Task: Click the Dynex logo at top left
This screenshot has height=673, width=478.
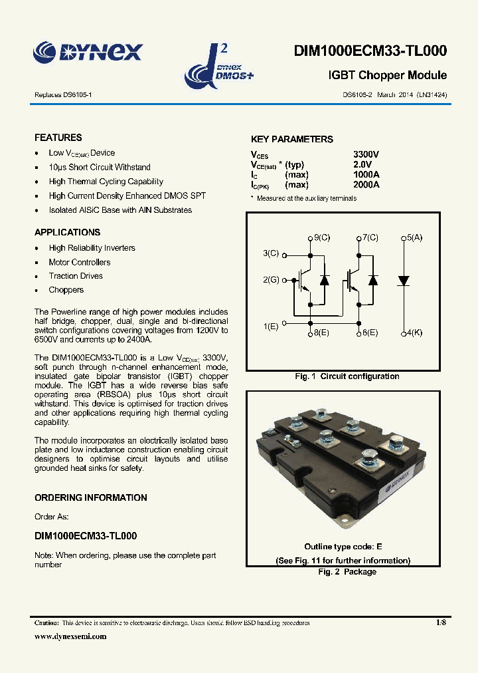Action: (x=88, y=51)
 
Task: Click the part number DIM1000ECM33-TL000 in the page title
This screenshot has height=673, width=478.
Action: (x=370, y=52)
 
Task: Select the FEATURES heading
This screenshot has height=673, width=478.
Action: (x=58, y=138)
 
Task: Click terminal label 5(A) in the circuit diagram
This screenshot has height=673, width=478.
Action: (x=415, y=237)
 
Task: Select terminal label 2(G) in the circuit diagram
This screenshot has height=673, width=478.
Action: (x=271, y=280)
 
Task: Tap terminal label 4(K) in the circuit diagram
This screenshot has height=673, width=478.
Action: (x=415, y=332)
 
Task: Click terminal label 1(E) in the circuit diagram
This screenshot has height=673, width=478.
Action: (x=270, y=326)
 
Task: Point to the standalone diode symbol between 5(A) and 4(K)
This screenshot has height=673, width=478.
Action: (x=403, y=281)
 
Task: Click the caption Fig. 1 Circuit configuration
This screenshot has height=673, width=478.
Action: (x=347, y=376)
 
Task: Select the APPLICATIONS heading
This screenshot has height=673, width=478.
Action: (x=68, y=232)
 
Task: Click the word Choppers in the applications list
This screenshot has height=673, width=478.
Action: (x=66, y=290)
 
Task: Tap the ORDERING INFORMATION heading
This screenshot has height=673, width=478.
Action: (x=91, y=497)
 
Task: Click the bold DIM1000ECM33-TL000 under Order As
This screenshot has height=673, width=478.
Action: (x=86, y=535)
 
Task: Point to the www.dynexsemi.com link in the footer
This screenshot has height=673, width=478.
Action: (x=70, y=636)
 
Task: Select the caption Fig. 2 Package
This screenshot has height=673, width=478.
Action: (x=347, y=572)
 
